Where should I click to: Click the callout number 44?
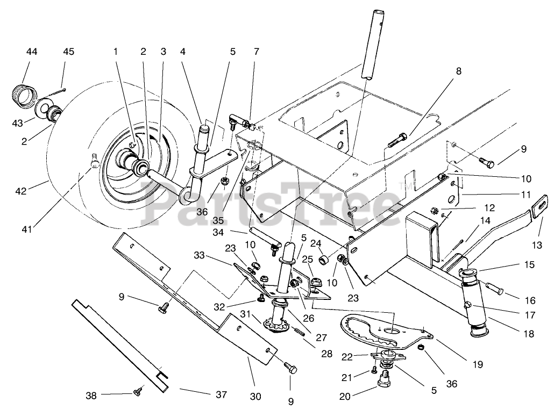(32, 52)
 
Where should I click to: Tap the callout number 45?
(68, 52)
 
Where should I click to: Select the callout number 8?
(459, 71)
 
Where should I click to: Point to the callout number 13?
(537, 245)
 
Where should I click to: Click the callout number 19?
(478, 364)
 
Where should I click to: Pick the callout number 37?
(221, 394)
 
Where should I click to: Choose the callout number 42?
(21, 191)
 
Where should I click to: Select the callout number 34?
(218, 233)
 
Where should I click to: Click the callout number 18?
(529, 333)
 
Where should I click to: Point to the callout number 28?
(327, 354)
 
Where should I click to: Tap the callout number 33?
(200, 255)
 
